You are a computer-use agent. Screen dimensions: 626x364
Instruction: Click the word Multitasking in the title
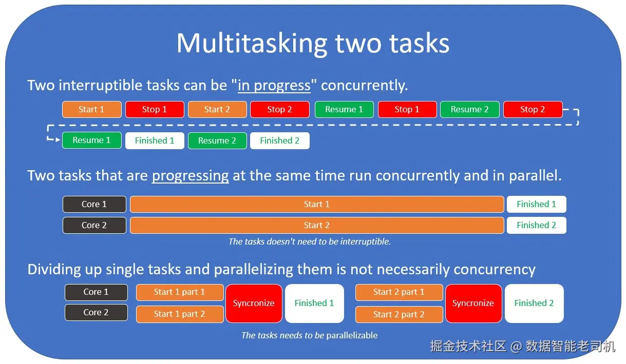[x=252, y=44]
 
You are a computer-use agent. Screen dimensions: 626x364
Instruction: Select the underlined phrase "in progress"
[x=274, y=85]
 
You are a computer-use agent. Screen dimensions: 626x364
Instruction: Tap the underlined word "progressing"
[x=191, y=176]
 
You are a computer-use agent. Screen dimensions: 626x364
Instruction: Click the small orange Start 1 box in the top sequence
[x=91, y=109]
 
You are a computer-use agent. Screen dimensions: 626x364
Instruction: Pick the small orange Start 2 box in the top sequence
[x=217, y=109]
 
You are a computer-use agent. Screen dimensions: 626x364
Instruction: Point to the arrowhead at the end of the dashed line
[x=58, y=140]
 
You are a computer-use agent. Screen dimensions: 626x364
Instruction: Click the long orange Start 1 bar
[x=317, y=204]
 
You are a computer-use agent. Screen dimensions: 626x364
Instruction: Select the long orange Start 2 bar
[x=317, y=225]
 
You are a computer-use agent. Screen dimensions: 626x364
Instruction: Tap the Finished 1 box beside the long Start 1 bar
[x=536, y=204]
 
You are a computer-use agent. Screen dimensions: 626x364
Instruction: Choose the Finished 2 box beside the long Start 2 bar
[x=536, y=225]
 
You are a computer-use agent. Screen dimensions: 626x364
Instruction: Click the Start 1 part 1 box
[x=180, y=292]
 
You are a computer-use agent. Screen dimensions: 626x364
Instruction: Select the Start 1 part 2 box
[x=180, y=314]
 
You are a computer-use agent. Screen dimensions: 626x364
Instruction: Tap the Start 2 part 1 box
[x=399, y=292]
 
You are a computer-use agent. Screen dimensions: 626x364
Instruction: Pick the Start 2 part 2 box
[x=399, y=314]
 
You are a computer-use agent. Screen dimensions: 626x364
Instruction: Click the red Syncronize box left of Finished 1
[x=254, y=303]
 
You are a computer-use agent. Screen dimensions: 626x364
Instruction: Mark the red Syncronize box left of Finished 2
[x=473, y=303]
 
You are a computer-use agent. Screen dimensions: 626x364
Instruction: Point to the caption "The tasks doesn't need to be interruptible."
[x=310, y=241]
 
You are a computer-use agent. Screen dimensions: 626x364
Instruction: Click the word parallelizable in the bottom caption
[x=352, y=335]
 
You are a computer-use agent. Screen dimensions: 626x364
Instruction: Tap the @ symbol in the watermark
[x=516, y=347]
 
